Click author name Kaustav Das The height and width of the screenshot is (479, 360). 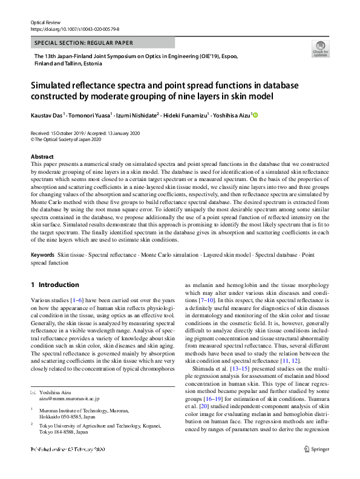(47, 115)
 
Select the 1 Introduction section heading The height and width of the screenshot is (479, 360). (55, 285)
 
